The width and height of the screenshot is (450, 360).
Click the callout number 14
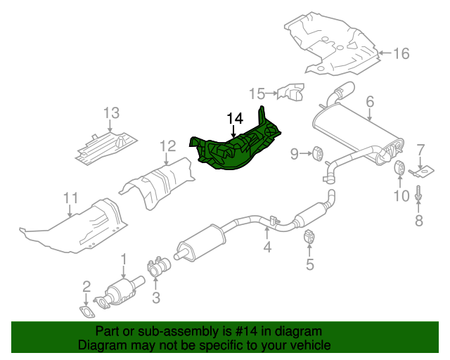(x=233, y=118)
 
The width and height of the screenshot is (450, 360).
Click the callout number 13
(x=112, y=112)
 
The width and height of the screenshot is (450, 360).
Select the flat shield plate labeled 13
(x=105, y=144)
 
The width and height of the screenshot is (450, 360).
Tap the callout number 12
(x=167, y=146)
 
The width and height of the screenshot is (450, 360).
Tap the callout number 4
(x=267, y=247)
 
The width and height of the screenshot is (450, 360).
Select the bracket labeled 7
(x=423, y=170)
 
